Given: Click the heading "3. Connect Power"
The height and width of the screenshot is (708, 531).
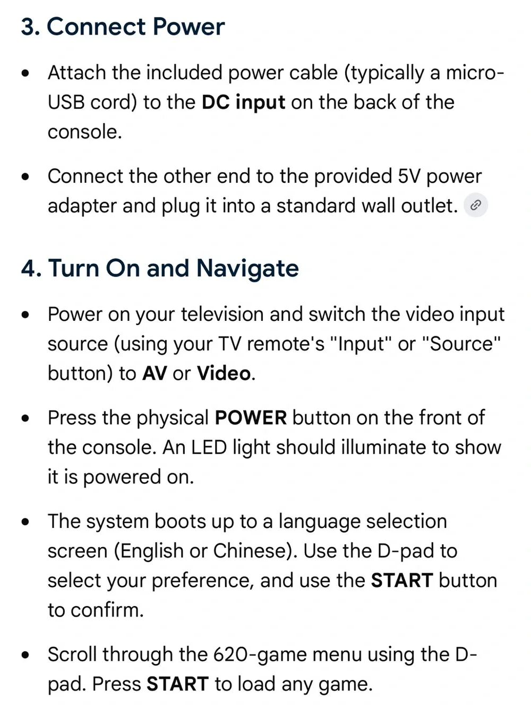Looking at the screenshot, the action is point(123,26).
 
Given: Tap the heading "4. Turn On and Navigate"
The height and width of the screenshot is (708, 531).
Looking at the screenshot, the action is point(160,268).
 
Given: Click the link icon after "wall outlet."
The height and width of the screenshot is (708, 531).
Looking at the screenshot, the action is point(476,205).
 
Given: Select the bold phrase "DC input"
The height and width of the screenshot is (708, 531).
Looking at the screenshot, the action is point(243,103).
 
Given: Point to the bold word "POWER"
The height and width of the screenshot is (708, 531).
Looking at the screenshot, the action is point(251,417).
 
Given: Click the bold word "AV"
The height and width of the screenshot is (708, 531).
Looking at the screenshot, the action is point(155,373).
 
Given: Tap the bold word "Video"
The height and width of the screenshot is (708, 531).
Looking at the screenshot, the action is point(224,373).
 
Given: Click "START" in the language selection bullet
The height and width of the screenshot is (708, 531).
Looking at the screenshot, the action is point(402,581).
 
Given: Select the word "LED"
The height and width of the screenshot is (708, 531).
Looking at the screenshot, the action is point(209,448).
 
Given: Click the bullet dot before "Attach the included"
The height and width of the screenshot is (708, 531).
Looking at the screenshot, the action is point(25,73).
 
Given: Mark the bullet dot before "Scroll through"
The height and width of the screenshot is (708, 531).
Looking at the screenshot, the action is point(25,655).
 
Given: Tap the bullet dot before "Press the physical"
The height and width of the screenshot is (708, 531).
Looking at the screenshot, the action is point(25,419).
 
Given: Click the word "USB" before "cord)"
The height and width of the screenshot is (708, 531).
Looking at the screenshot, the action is point(66,103).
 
